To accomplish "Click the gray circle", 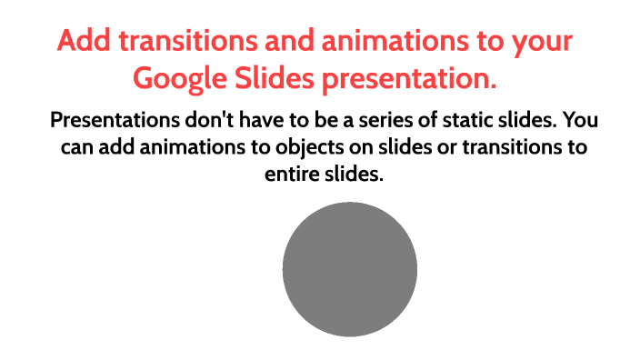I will coord(349,269).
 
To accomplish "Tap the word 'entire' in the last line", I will coord(289,174).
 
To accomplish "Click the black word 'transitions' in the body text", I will coord(502,147).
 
